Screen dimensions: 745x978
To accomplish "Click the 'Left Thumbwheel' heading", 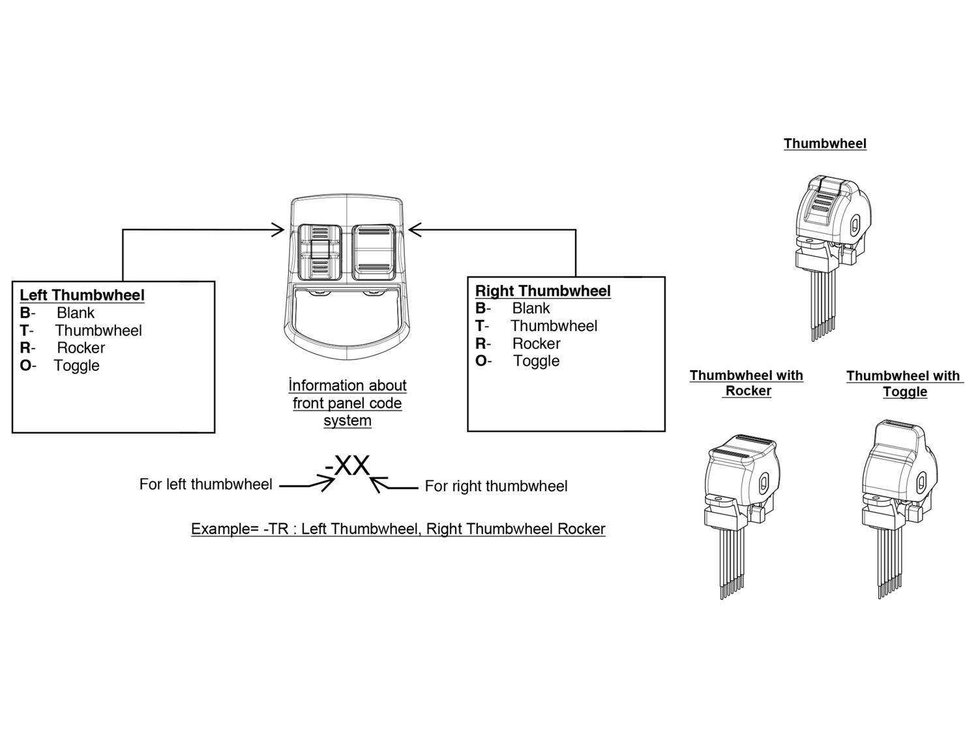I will [x=82, y=295].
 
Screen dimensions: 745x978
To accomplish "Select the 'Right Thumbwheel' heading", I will [x=542, y=291].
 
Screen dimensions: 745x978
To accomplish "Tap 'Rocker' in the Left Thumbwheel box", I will [x=80, y=348].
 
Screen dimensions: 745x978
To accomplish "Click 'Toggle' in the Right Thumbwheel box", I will [x=536, y=361].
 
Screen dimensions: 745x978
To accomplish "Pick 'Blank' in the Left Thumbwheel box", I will [x=75, y=313].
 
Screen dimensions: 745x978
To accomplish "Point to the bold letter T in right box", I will [x=480, y=326].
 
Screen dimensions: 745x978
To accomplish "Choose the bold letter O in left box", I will [x=25, y=366].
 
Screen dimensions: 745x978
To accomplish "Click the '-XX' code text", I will [x=348, y=466].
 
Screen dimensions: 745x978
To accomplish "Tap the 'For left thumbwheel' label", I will [x=205, y=484].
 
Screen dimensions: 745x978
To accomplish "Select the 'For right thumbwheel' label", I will [x=496, y=486].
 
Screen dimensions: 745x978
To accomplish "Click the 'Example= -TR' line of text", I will [x=398, y=529].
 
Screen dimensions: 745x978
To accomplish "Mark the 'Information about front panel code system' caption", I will [x=348, y=403].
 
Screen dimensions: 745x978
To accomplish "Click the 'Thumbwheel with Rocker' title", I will [x=747, y=383].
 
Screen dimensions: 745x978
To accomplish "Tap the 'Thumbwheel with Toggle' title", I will [x=904, y=384].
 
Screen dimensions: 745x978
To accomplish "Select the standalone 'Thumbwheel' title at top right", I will [x=825, y=143].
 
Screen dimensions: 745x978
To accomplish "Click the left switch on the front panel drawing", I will [x=319, y=252].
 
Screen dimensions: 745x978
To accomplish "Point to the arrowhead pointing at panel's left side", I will [x=278, y=229].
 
